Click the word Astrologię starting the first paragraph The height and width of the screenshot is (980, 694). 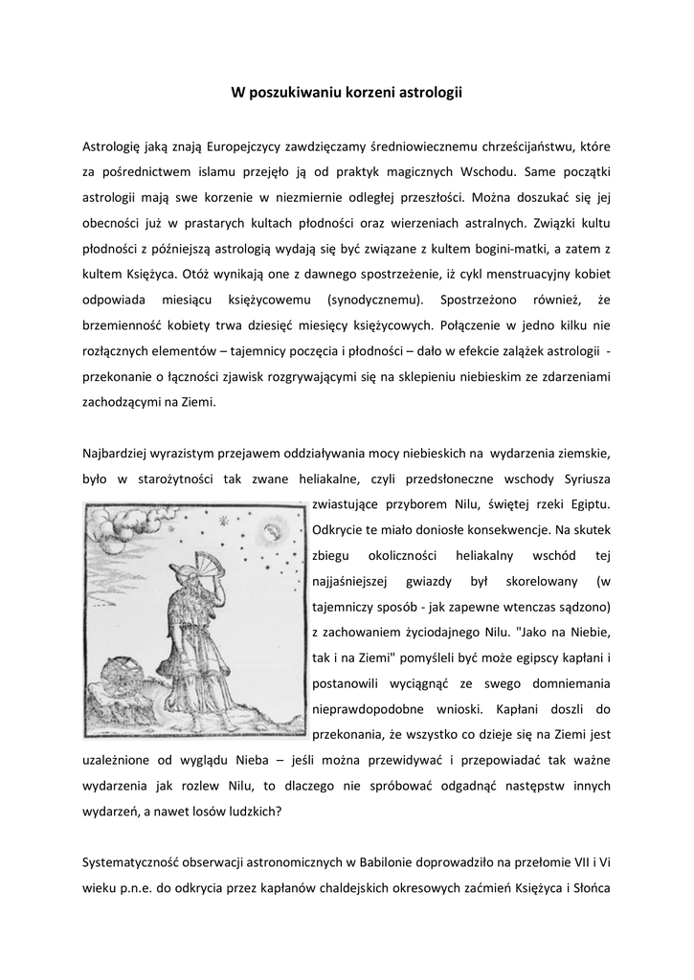click(x=110, y=146)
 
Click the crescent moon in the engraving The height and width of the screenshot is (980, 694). click(x=275, y=529)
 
